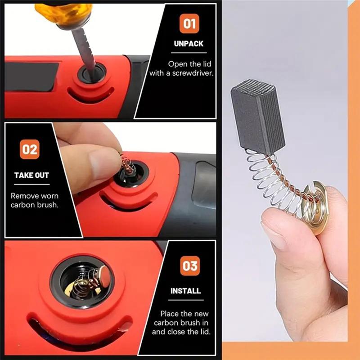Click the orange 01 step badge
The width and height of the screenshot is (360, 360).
coord(189,23)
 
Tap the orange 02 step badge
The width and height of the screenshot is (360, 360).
coord(30,149)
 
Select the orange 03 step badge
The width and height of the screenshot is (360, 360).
coord(189,266)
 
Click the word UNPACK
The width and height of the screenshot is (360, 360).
coord(189,44)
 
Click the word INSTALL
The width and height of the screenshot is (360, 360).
coord(185,291)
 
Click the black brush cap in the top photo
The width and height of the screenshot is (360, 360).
coord(92,73)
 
